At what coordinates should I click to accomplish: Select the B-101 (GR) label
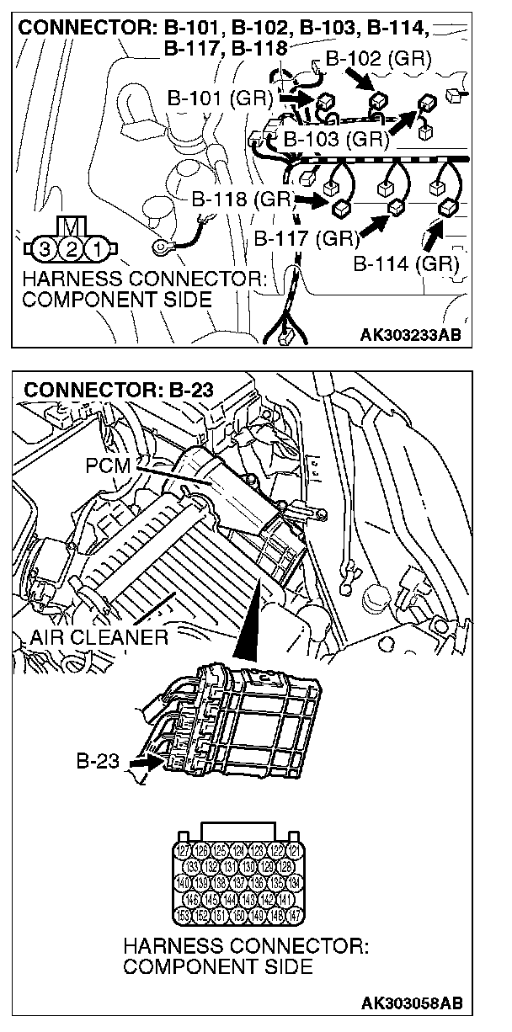click(x=219, y=98)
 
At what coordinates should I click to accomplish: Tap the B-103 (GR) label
click(x=336, y=138)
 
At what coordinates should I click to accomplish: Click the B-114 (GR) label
click(x=406, y=263)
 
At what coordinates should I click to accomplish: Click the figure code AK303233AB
click(x=410, y=334)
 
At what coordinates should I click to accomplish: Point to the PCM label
click(x=107, y=464)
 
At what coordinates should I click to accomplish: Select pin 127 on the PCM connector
click(x=181, y=850)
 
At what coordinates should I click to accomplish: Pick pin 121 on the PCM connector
click(x=294, y=850)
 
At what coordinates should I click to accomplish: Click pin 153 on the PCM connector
click(x=181, y=915)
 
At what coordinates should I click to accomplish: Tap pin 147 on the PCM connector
click(x=294, y=915)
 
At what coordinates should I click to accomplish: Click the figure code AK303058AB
click(x=411, y=1003)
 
